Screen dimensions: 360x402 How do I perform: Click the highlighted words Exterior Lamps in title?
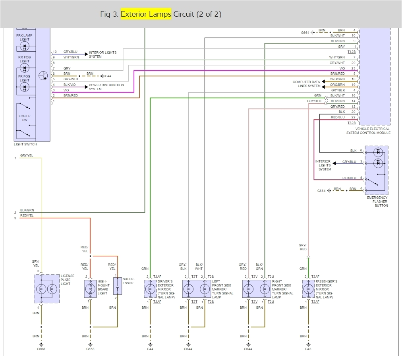pos(146,14)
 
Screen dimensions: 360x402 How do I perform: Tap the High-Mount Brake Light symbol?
pos(91,288)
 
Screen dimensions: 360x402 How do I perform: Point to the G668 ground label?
pos(41,349)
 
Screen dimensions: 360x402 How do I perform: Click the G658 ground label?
pos(91,349)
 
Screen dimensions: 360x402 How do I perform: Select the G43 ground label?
pos(308,349)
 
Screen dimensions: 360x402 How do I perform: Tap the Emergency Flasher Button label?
pos(377,201)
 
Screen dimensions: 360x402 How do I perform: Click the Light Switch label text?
pos(25,144)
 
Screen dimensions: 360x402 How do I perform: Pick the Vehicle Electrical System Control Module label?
pos(368,131)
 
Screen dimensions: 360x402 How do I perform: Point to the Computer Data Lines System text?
pos(306,84)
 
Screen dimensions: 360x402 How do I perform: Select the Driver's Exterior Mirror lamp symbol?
pos(150,288)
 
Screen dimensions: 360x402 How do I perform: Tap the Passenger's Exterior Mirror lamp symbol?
pos(308,288)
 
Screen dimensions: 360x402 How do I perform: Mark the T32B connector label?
pos(352,123)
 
